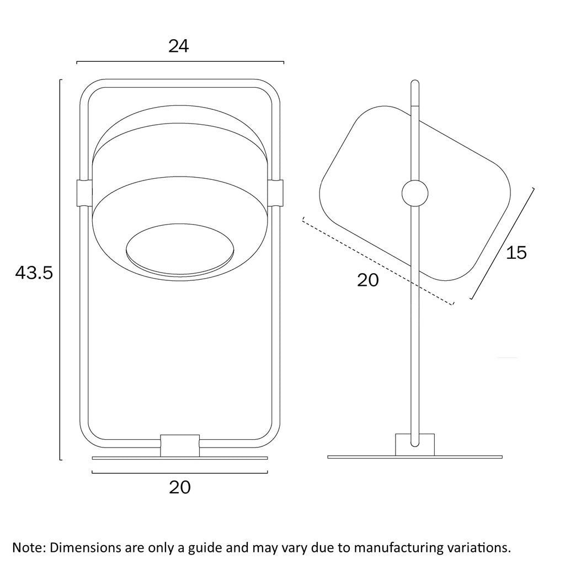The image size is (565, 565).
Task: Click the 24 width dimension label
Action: tap(178, 46)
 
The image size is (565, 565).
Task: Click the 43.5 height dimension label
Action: tap(34, 273)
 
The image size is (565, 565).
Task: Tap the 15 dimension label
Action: tap(516, 253)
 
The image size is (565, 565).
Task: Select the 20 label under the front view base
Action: tap(180, 487)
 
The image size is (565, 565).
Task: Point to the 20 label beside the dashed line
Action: tap(368, 280)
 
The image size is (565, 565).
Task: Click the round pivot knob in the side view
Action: tap(415, 194)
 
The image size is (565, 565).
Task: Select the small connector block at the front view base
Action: tap(180, 446)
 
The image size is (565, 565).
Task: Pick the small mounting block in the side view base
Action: tap(415, 445)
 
